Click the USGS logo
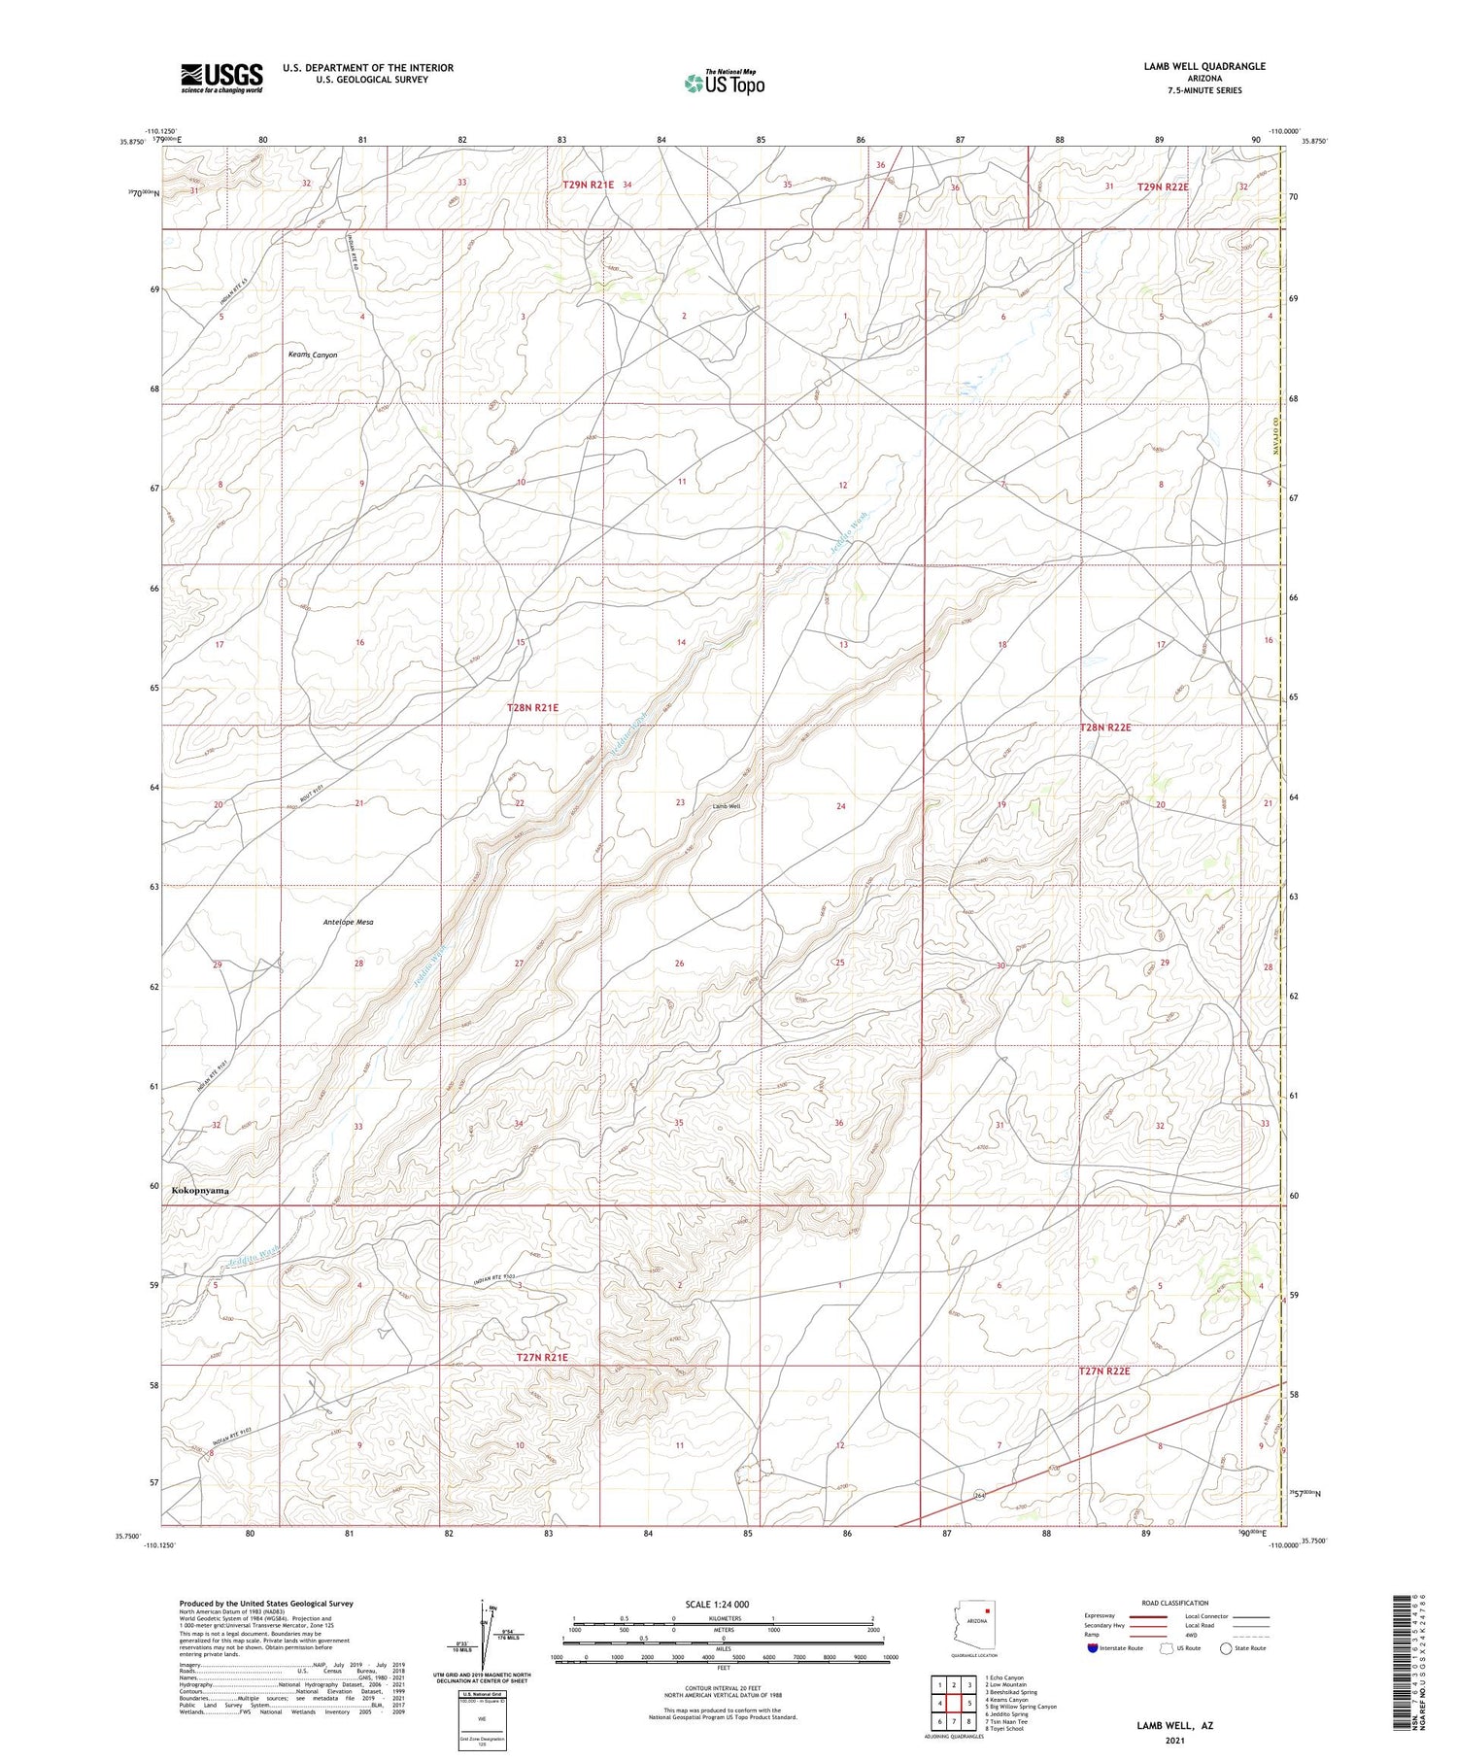point(221,78)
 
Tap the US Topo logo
point(724,83)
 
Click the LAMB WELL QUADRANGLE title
point(1204,66)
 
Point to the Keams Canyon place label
point(313,355)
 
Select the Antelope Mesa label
point(348,922)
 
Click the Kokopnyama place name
point(201,1190)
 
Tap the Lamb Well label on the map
point(727,806)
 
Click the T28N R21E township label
point(532,708)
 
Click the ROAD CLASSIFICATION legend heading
point(1175,1603)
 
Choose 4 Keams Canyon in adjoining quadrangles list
point(1006,1699)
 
